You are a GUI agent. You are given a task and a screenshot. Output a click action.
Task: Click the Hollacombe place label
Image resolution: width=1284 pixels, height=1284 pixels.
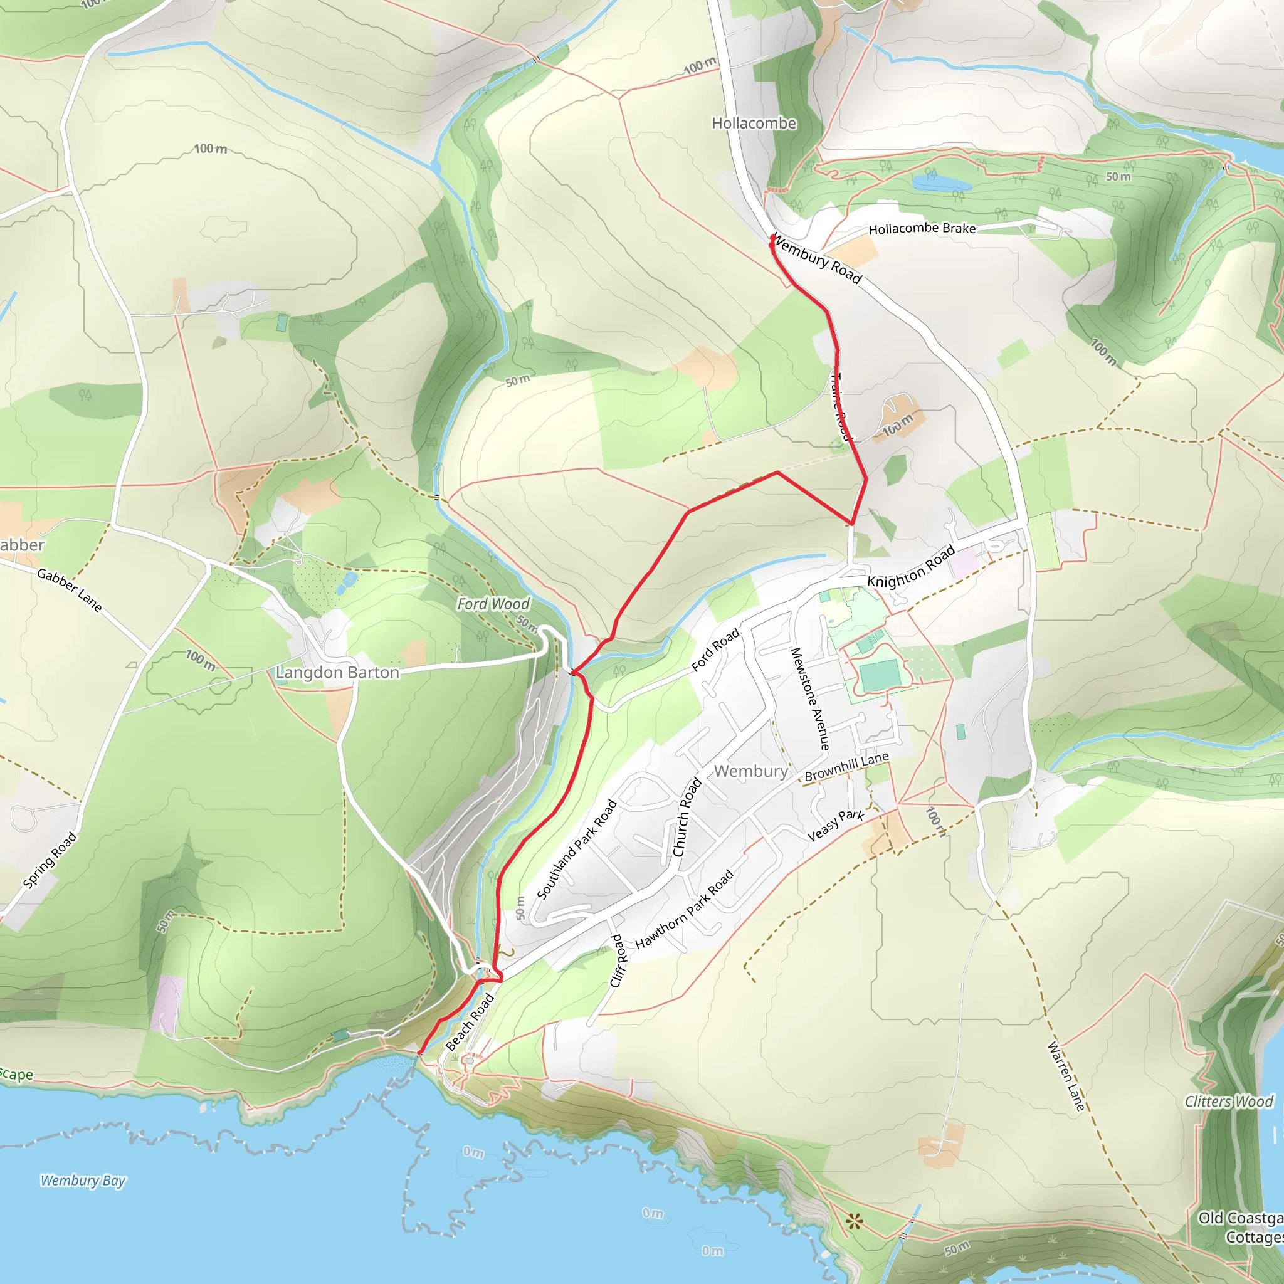[754, 124]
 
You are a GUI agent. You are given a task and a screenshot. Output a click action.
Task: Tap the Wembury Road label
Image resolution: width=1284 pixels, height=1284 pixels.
[818, 260]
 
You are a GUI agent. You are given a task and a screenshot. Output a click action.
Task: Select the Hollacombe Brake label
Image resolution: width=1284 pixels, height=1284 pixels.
[922, 229]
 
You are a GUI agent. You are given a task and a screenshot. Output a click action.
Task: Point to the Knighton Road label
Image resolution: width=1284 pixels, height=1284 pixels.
[911, 567]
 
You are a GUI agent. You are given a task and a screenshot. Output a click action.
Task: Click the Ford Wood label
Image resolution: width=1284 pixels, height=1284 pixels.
[493, 604]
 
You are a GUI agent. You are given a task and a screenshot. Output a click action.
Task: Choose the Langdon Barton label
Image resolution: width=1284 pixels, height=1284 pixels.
[338, 673]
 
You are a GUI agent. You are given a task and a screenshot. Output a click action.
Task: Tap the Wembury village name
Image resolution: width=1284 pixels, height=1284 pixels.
[750, 771]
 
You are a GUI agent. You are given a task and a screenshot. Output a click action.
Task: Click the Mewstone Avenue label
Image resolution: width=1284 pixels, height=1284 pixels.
[810, 698]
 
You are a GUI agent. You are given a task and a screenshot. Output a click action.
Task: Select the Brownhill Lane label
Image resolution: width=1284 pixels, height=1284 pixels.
[846, 767]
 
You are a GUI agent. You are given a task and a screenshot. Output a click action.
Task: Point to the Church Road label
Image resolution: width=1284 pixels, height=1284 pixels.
[687, 817]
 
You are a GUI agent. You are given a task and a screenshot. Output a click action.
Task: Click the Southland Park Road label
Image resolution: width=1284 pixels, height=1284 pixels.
[577, 850]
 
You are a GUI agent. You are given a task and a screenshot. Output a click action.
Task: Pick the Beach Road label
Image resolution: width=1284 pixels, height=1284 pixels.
[470, 1022]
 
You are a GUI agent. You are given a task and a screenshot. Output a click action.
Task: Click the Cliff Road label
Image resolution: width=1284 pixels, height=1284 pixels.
[618, 961]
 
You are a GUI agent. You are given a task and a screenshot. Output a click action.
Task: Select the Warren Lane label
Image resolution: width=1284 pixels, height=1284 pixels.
[1066, 1076]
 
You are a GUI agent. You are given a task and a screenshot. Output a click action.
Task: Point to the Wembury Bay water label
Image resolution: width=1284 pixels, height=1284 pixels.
[83, 1181]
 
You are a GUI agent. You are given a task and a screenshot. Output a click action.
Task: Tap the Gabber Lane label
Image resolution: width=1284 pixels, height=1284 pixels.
[70, 590]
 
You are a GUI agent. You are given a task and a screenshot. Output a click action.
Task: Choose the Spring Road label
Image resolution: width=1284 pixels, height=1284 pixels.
[50, 860]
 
